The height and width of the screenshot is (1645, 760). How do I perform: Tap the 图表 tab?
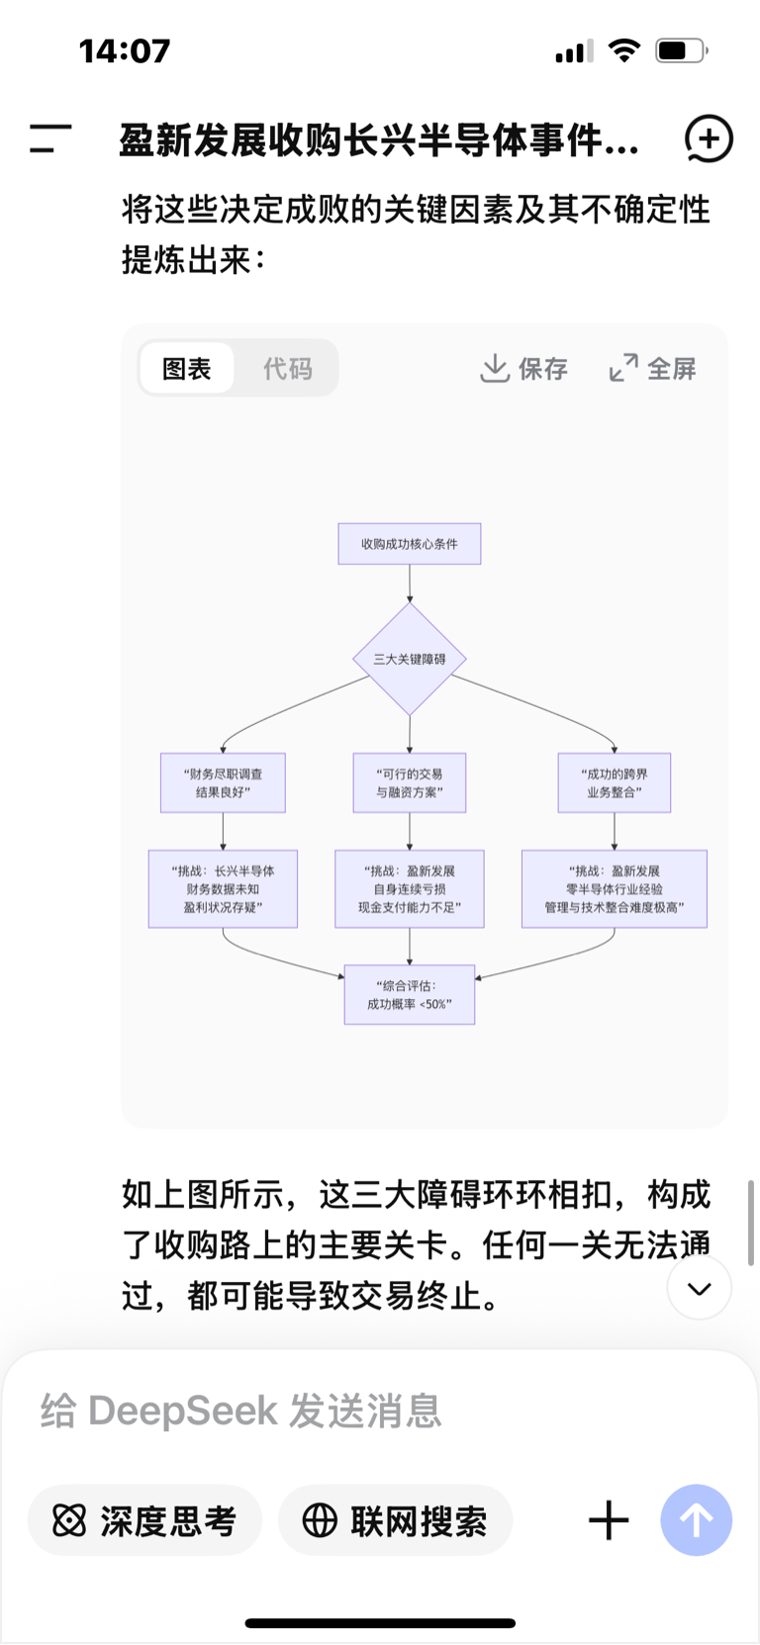[187, 369]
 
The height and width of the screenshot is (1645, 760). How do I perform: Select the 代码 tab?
[287, 369]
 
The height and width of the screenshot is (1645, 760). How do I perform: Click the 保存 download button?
[523, 369]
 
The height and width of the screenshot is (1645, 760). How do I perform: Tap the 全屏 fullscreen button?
[653, 369]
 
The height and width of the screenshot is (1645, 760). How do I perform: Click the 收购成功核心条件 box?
[409, 544]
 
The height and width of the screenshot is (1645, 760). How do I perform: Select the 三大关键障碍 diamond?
[409, 659]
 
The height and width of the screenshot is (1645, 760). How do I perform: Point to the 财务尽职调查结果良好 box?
[223, 783]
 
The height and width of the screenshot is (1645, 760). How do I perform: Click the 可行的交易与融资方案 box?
[409, 783]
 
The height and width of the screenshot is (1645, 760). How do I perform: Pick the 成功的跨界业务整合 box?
[614, 783]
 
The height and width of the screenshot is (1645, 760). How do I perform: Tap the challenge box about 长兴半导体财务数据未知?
[223, 889]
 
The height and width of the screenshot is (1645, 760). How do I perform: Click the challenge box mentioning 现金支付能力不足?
[409, 889]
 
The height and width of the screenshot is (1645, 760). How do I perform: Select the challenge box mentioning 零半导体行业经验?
[614, 889]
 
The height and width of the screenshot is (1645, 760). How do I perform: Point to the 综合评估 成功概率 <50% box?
[409, 995]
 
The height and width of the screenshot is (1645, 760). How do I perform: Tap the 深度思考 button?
[144, 1520]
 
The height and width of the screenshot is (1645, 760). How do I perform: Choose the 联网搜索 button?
[395, 1520]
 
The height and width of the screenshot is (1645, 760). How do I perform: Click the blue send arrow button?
[696, 1520]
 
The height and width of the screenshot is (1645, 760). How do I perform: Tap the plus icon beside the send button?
[609, 1520]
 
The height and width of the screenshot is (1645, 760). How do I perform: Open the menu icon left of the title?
[50, 138]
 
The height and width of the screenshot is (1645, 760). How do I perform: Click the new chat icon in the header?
[709, 138]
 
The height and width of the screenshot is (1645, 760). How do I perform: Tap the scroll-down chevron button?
[700, 1288]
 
